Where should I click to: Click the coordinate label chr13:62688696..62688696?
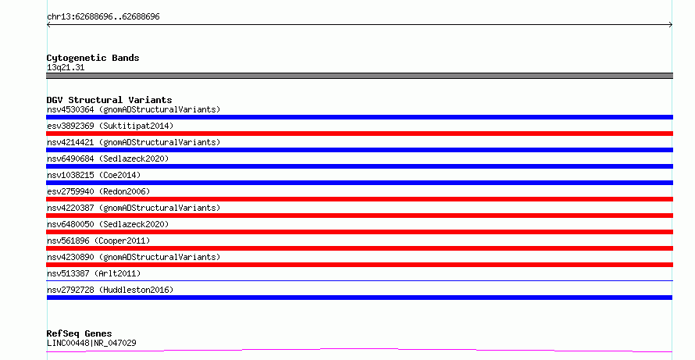103,17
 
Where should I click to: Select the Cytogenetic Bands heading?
93,58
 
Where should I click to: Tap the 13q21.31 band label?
66,67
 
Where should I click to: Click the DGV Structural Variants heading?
109,100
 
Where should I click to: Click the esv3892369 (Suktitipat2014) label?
110,126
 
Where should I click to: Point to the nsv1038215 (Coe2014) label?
94,175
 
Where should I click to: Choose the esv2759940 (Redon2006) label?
98,191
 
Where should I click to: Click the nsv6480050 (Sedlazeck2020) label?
108,224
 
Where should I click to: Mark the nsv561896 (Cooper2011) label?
98,241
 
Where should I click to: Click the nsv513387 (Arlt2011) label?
94,273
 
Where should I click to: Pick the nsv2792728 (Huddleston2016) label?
110,290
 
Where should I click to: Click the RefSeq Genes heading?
79,333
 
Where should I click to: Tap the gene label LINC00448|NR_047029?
91,343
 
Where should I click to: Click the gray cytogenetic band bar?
359,76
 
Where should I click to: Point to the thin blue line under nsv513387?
359,280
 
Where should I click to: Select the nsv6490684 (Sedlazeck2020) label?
108,159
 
